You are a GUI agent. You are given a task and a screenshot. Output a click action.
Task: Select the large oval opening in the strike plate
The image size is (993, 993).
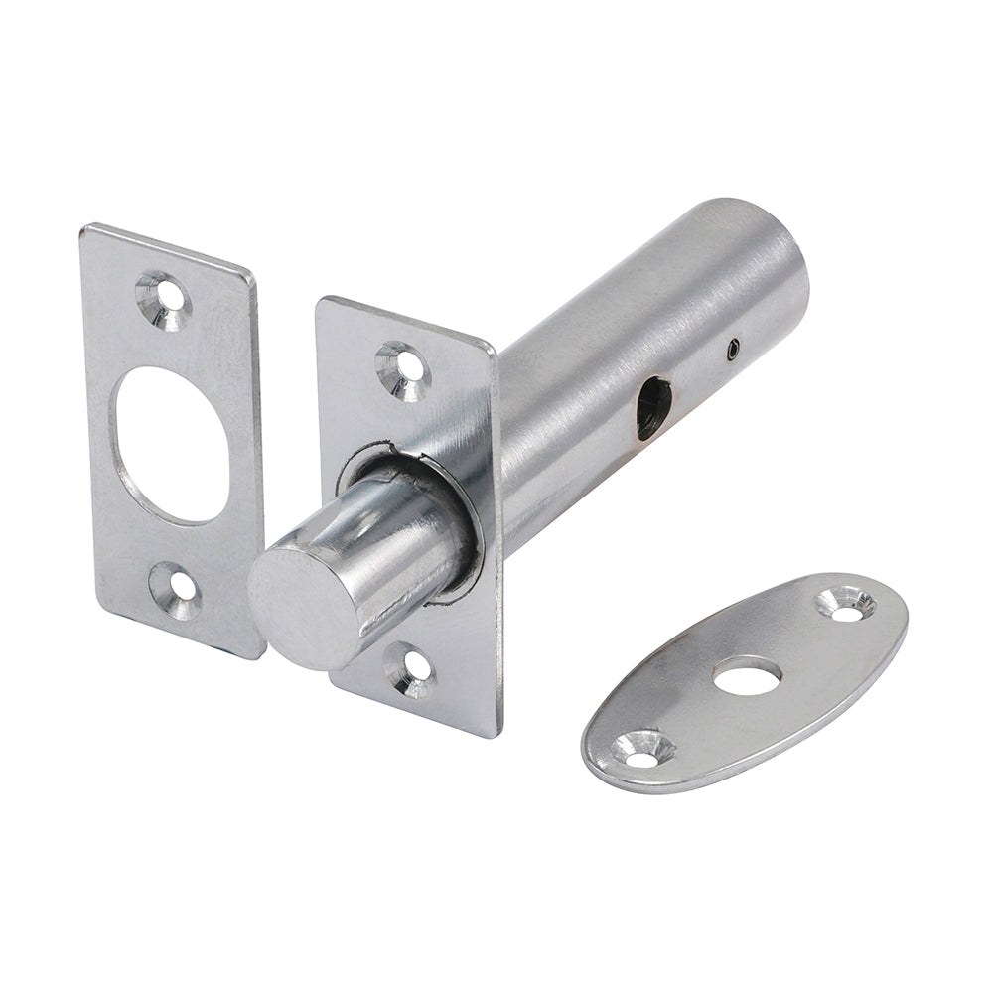tap(171, 444)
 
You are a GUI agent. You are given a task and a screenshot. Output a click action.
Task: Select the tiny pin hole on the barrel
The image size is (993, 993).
tap(733, 347)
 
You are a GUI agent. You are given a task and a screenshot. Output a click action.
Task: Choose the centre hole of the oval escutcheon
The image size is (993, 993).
tap(747, 678)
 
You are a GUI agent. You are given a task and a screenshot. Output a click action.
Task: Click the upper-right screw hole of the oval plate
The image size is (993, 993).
tap(846, 605)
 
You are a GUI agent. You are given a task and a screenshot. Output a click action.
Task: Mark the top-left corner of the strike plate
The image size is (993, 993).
tap(85, 230)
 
